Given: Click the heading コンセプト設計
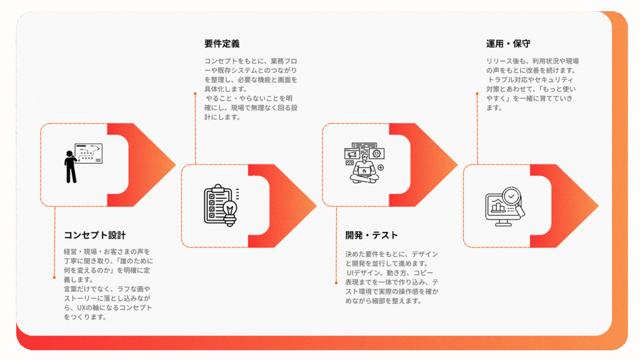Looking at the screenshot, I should point(95,235).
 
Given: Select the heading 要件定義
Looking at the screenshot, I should point(221,44).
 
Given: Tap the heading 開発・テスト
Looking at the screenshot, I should point(371,235).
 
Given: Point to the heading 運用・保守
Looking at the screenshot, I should point(508,44).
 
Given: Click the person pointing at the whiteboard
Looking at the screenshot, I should point(71,166).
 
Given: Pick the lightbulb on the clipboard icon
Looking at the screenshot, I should point(229,210).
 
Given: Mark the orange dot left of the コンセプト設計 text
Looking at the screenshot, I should point(54,277).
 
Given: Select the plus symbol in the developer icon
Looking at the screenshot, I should point(381,167).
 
